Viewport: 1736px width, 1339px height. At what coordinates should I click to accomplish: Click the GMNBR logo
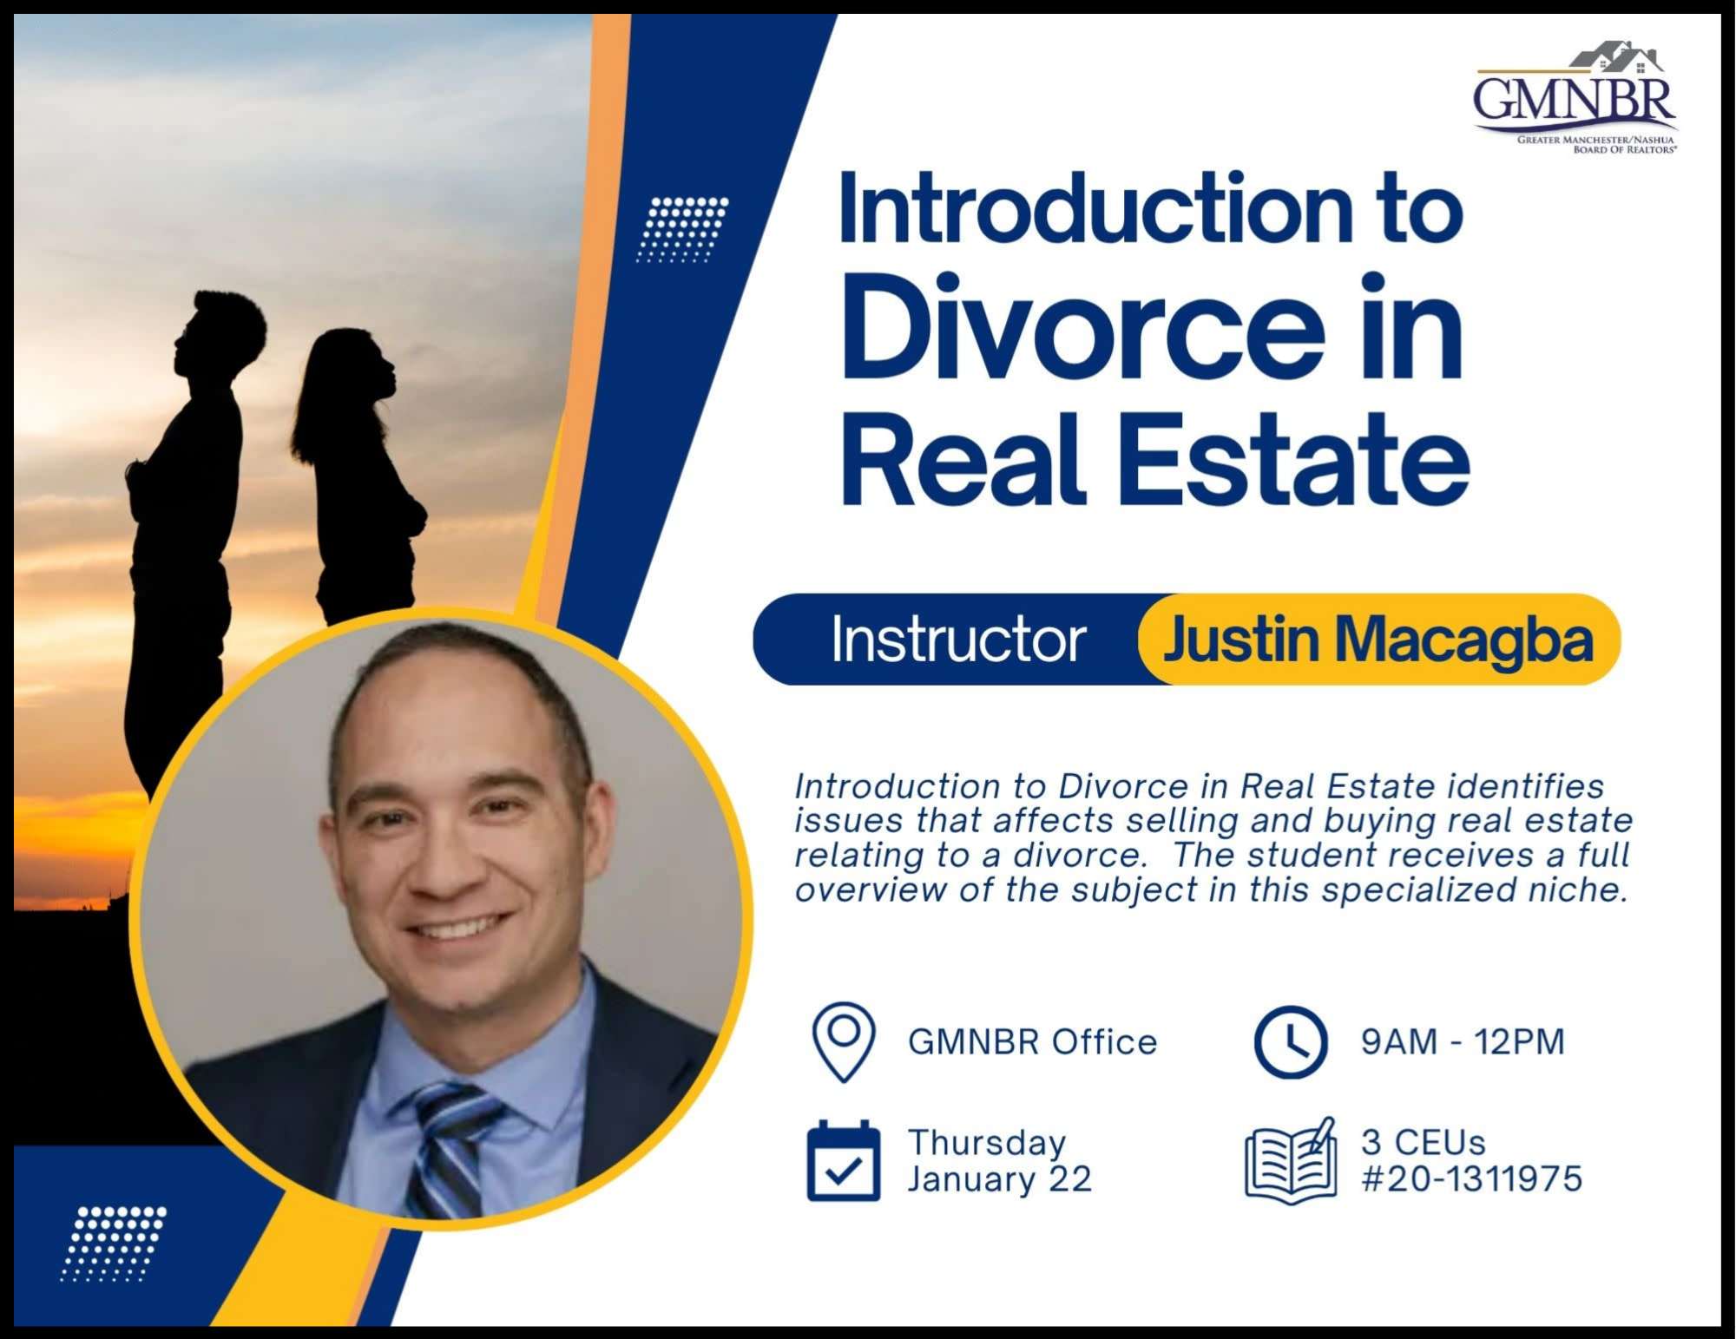point(1575,97)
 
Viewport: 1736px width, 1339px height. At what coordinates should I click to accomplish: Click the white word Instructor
point(958,640)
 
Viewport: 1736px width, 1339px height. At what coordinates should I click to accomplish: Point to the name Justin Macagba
point(1378,640)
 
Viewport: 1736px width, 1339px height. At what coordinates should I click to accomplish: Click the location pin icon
point(844,1041)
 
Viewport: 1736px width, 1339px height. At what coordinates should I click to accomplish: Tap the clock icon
point(1291,1041)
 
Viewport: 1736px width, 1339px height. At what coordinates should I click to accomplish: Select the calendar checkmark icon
point(844,1160)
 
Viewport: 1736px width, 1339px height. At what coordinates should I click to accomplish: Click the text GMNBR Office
point(1032,1041)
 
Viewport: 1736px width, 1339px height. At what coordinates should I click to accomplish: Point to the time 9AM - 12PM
point(1463,1041)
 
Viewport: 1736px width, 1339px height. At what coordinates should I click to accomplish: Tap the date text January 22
point(999,1179)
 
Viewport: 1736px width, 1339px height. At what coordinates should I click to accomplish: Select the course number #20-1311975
point(1472,1178)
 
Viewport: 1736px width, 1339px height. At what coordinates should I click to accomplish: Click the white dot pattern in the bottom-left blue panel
point(113,1244)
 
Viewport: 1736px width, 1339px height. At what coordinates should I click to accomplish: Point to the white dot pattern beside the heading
point(682,229)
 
